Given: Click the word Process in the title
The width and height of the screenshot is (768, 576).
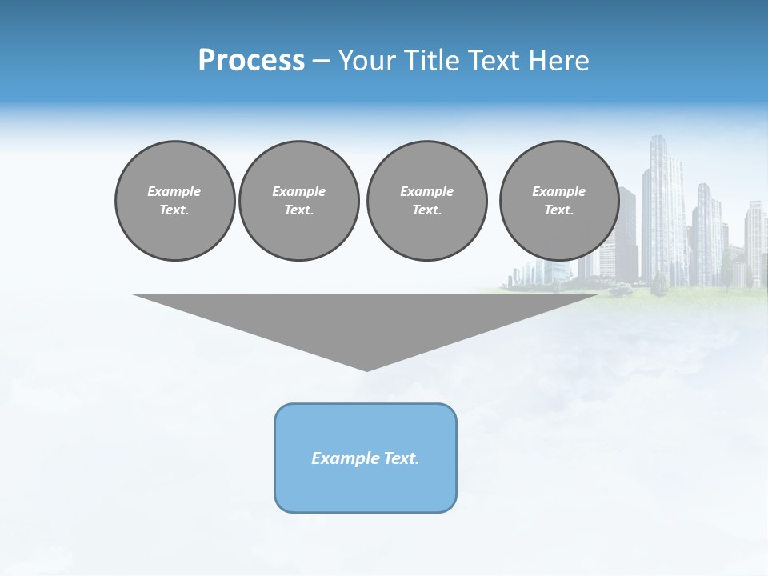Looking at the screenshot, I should click(x=251, y=61).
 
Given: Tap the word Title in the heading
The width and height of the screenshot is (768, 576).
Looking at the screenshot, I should click(x=431, y=61).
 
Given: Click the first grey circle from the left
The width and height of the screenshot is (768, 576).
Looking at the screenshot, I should click(x=174, y=201).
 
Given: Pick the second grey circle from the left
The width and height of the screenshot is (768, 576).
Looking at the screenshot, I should click(x=298, y=201).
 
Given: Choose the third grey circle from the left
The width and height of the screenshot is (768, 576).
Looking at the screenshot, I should click(x=426, y=201).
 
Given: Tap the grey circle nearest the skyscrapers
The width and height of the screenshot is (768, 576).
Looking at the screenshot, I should click(x=558, y=201).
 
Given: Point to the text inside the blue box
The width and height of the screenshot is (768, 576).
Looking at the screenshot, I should click(x=366, y=458).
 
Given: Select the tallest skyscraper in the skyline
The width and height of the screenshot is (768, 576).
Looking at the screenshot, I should click(x=662, y=208).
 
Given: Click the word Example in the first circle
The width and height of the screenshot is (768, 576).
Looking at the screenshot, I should click(x=174, y=191).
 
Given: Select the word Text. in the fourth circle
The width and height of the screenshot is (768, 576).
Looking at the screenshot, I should click(x=558, y=210).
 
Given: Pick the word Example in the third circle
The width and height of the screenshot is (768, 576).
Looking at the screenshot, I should click(x=426, y=191).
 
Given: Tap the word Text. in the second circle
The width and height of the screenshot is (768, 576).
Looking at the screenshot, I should click(x=298, y=210).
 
